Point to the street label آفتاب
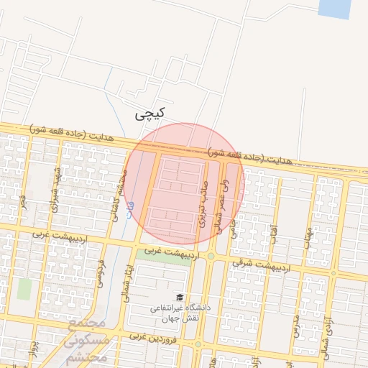tap(273, 234)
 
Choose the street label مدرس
tap(295, 323)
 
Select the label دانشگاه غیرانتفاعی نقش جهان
tap(180, 312)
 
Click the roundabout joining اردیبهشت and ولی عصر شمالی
tap(211, 256)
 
